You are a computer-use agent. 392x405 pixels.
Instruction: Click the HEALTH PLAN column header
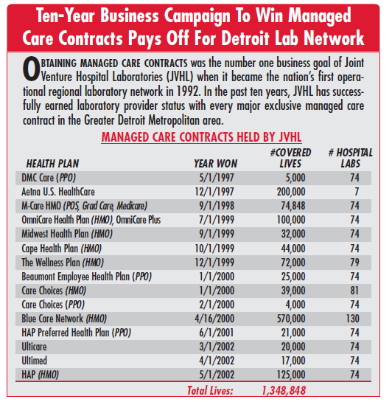coord(52,164)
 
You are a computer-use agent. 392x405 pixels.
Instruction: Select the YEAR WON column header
coord(215,164)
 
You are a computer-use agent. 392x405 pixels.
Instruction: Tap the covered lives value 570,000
coord(291,319)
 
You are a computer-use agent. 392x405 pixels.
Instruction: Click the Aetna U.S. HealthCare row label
coord(58,192)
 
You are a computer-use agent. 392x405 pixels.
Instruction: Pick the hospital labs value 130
coord(353,319)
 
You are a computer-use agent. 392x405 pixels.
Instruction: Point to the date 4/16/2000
coord(214,319)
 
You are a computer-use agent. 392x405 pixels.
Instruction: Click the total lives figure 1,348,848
coord(284,390)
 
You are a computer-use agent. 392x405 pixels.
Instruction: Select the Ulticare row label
coord(34,347)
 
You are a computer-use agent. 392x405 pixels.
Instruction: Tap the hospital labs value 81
coord(354,291)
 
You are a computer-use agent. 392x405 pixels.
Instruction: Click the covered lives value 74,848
coord(293,206)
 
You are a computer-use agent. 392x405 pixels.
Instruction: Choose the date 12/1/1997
coord(214,192)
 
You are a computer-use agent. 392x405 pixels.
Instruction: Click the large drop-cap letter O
coord(31,69)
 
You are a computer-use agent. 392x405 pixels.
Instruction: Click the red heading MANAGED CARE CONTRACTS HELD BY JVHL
coord(201,137)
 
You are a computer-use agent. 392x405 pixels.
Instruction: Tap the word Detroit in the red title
coord(245,38)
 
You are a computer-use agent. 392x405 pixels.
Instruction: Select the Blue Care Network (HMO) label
coord(64,319)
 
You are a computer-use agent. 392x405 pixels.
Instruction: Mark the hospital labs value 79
coord(354,263)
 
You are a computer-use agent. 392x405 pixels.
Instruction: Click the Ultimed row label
coord(35,361)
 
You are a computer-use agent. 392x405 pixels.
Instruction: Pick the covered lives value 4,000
coord(295,305)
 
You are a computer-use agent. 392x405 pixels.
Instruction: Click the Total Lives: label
coord(210,390)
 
